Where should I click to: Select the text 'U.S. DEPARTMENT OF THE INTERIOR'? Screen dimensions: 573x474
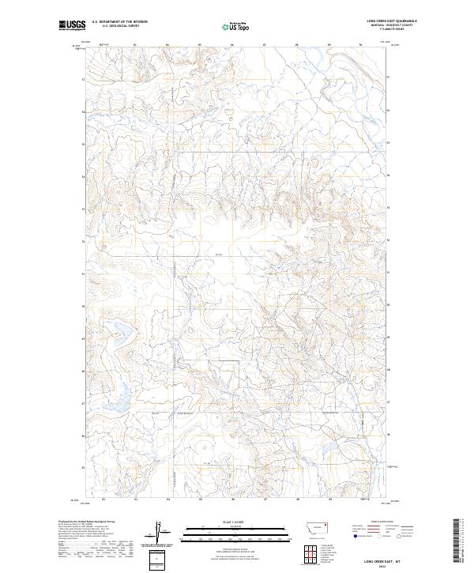coord(119,21)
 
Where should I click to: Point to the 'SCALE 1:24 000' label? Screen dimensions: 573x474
coord(213,522)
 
